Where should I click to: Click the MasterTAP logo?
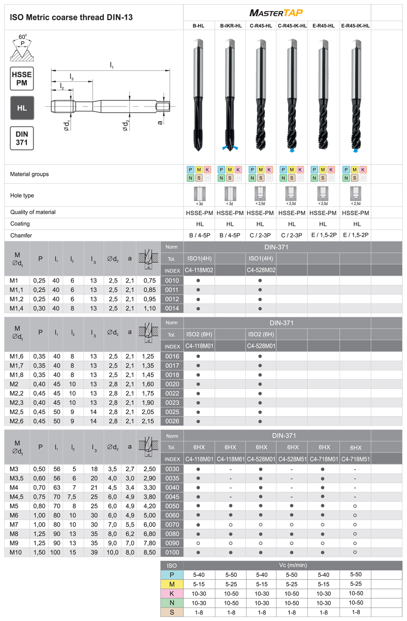(x=276, y=13)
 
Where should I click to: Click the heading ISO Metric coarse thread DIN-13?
(x=71, y=17)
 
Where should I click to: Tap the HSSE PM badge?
(x=22, y=79)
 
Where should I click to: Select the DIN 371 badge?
(x=22, y=138)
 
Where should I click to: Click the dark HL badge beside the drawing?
(x=22, y=108)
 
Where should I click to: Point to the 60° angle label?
(x=22, y=37)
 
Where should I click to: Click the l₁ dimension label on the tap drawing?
(x=112, y=65)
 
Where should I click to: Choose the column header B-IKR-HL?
(x=231, y=26)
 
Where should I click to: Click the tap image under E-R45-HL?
(x=324, y=96)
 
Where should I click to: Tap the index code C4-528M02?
(x=261, y=270)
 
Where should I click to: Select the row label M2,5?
(x=17, y=412)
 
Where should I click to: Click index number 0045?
(x=172, y=497)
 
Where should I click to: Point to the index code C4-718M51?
(x=355, y=459)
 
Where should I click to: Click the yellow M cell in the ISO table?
(x=172, y=584)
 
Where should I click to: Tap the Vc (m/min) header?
(x=293, y=565)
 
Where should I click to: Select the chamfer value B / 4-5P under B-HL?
(x=199, y=235)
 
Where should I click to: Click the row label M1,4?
(x=17, y=308)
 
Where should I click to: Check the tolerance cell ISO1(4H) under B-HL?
(x=199, y=258)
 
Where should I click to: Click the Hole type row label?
(x=22, y=195)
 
